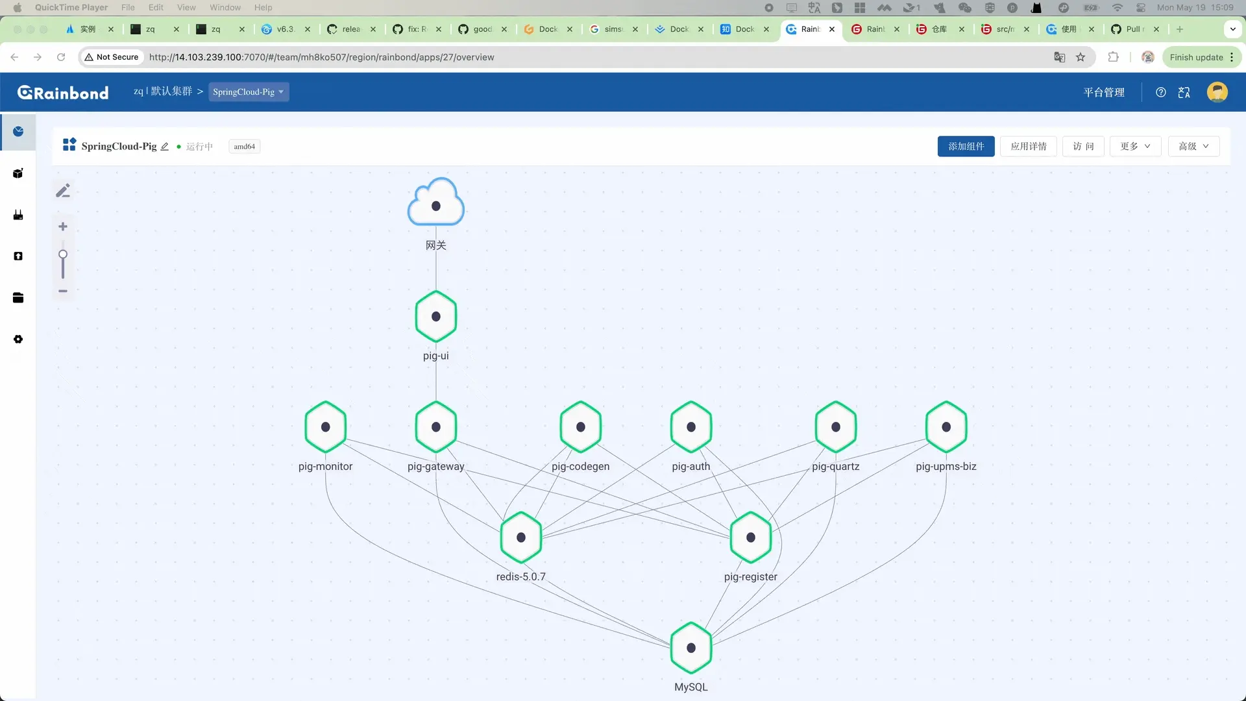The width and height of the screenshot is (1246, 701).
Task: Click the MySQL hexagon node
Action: [x=691, y=648]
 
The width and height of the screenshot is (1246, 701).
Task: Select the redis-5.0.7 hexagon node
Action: [x=521, y=537]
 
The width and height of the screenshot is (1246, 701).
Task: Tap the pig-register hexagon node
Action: [x=751, y=537]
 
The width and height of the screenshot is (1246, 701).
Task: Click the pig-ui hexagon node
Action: [x=436, y=317]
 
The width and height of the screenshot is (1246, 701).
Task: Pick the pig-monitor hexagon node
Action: [x=326, y=427]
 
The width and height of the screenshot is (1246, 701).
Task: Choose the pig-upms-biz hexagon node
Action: [x=946, y=427]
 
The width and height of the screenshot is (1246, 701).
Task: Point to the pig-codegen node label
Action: [x=581, y=467]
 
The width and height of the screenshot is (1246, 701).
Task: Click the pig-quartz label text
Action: [x=836, y=467]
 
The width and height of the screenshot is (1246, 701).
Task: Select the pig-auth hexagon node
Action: [x=691, y=427]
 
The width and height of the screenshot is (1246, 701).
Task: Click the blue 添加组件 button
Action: [x=966, y=147]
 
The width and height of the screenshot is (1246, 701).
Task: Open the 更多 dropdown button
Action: [x=1136, y=147]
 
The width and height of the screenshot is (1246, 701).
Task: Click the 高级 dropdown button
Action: [x=1194, y=147]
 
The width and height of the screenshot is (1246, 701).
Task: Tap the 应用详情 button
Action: [x=1029, y=147]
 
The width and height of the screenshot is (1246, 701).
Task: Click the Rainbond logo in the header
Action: [x=63, y=93]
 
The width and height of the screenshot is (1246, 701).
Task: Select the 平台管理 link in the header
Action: [x=1104, y=93]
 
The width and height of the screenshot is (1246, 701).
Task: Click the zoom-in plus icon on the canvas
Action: [x=63, y=227]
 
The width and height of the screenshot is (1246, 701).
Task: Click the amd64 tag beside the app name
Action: [x=245, y=147]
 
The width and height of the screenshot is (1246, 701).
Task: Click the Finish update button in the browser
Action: [x=1202, y=57]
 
